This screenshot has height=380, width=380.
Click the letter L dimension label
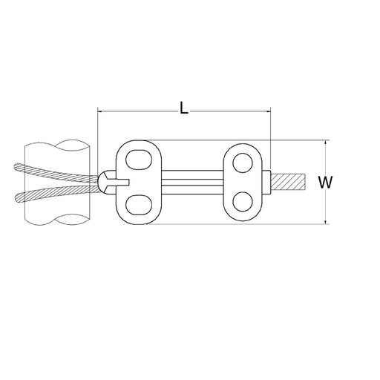(x=183, y=107)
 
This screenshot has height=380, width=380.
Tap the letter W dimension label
(x=324, y=181)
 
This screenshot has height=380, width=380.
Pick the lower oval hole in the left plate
(x=138, y=204)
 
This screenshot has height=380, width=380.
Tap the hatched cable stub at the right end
(x=288, y=181)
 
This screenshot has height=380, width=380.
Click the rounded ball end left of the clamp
(x=106, y=180)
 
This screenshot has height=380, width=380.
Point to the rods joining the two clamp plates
(x=193, y=180)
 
